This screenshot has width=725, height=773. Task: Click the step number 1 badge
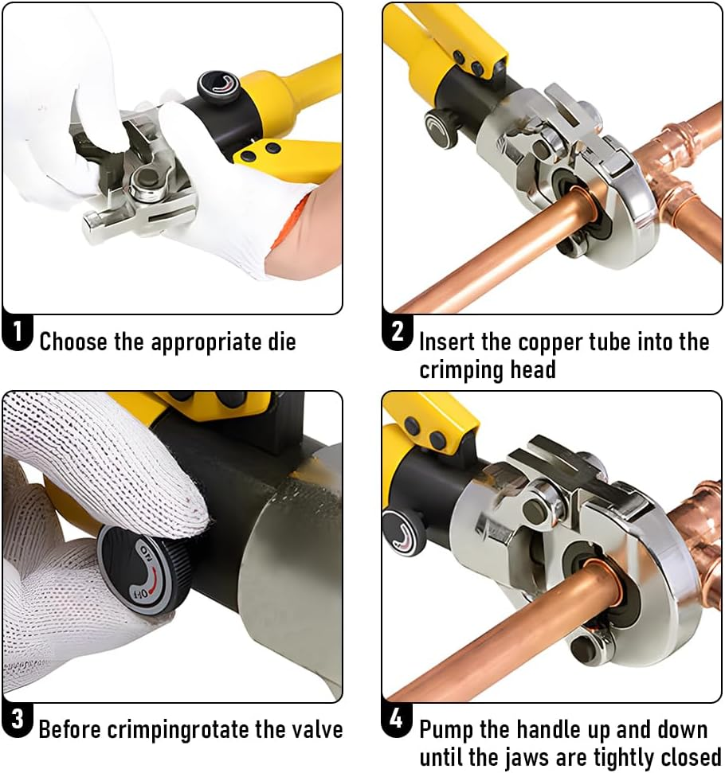[x=18, y=334]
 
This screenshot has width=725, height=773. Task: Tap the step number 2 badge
[x=397, y=331]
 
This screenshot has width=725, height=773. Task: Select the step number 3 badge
[x=17, y=721]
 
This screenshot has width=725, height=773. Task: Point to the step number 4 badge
[x=396, y=720]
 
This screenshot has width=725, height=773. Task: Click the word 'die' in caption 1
[x=279, y=342]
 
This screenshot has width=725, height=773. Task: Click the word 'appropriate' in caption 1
[x=206, y=343]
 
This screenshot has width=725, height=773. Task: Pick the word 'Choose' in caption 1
[x=74, y=342]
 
